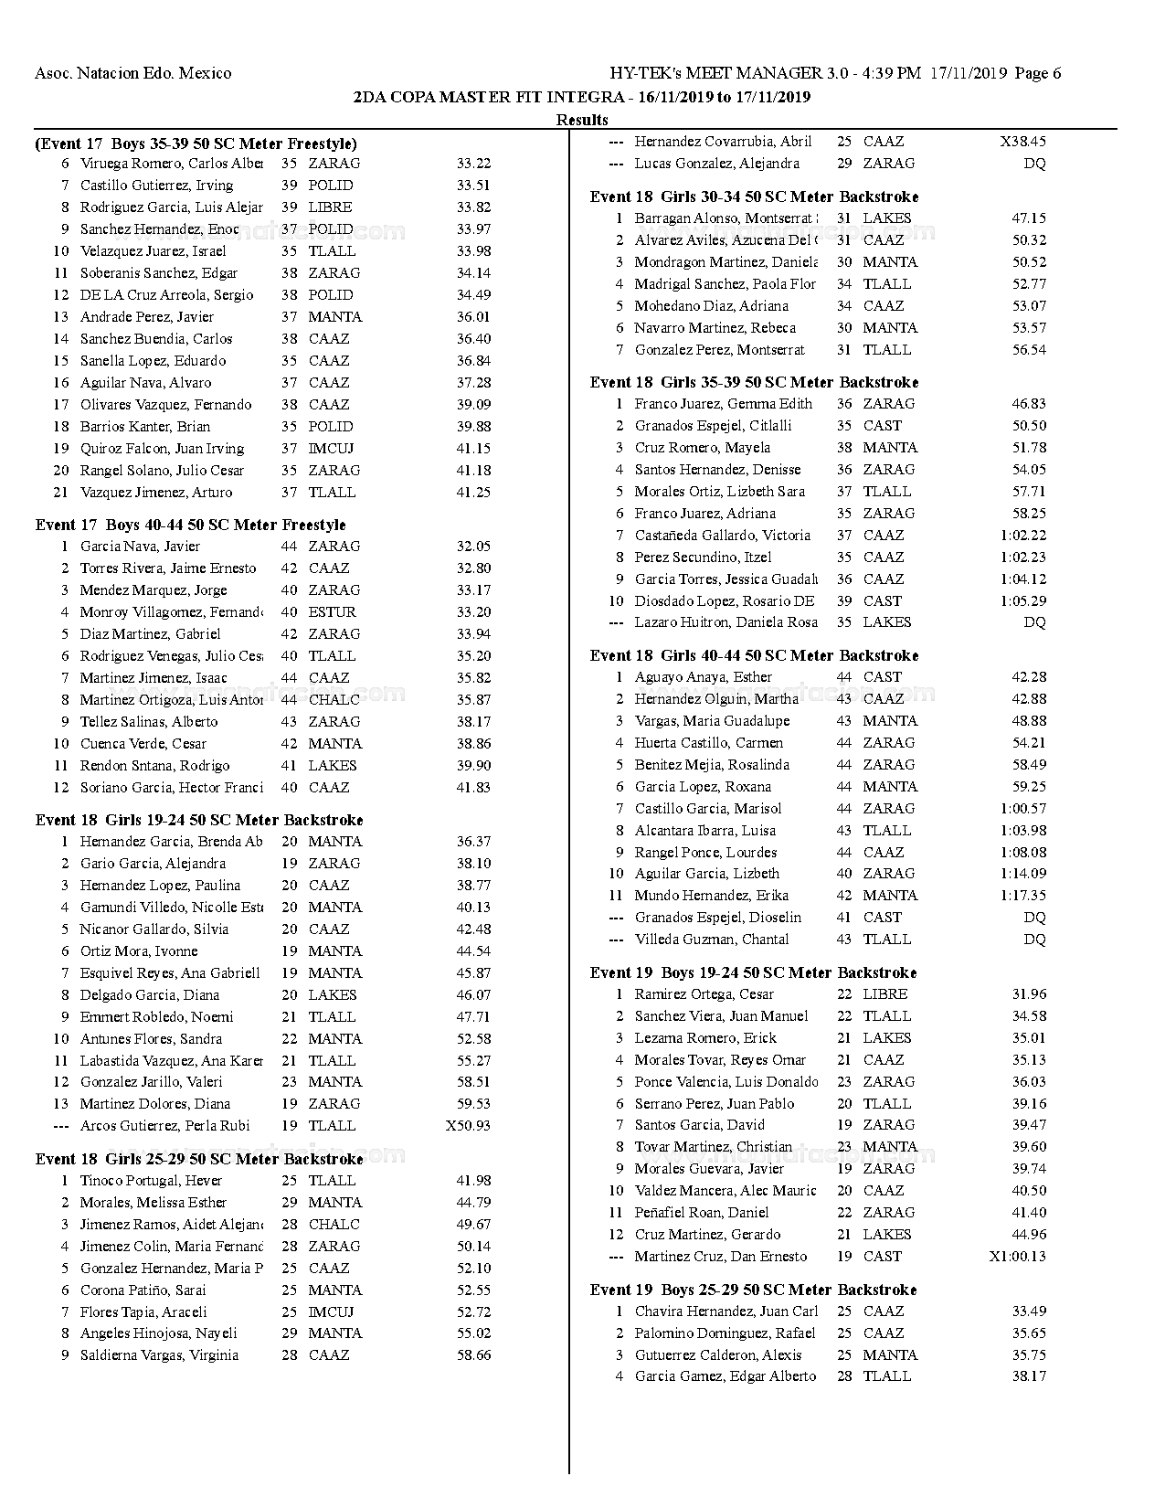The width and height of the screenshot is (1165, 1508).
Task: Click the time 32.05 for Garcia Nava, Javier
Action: tap(473, 547)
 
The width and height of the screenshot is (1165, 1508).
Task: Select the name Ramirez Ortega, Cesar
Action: tap(704, 994)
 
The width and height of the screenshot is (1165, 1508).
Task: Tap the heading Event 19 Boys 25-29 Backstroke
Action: tap(753, 1290)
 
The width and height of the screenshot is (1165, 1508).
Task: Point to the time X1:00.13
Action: tap(1017, 1257)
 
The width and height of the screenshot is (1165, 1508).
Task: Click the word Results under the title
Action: tap(582, 120)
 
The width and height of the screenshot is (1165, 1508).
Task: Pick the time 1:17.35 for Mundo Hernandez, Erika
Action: tap(1023, 896)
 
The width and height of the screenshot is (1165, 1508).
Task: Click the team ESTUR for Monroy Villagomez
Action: tap(332, 612)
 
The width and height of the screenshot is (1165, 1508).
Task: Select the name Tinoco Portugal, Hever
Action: tap(151, 1181)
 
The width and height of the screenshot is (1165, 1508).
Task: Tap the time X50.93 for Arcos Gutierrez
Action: tap(468, 1126)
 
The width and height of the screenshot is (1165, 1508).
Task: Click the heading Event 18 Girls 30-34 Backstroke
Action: tap(754, 196)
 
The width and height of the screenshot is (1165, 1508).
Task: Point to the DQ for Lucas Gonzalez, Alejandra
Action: tap(1034, 164)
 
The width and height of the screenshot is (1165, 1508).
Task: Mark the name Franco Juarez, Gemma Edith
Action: tap(723, 404)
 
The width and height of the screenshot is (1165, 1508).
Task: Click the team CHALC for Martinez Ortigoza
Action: tap(334, 700)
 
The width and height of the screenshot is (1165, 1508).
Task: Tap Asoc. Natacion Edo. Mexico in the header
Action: tap(132, 73)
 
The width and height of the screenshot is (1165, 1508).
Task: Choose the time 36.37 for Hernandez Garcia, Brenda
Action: tap(473, 842)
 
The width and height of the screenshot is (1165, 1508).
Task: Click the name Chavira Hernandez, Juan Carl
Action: tap(725, 1312)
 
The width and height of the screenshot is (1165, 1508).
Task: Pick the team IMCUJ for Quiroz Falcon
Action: tap(331, 449)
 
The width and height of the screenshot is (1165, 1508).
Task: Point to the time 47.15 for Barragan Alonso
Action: tap(1029, 218)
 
